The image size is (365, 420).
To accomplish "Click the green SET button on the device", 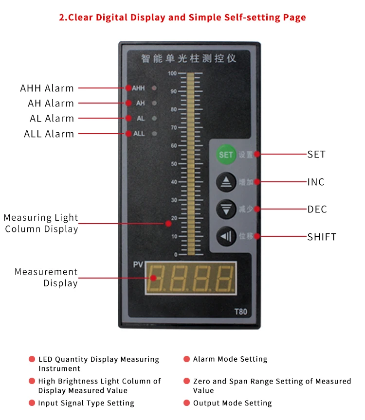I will pyautogui.click(x=226, y=155).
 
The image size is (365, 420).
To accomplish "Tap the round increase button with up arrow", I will pyautogui.click(x=226, y=182).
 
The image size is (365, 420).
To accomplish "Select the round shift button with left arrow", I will pyautogui.click(x=226, y=236).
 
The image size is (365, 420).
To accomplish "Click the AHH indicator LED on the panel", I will pyautogui.click(x=154, y=88).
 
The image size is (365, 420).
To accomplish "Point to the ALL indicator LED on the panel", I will pyautogui.click(x=154, y=133).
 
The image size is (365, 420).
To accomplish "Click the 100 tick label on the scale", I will pyautogui.click(x=172, y=73).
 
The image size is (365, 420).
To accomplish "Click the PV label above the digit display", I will pyautogui.click(x=138, y=265).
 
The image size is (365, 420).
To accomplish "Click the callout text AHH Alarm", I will pyautogui.click(x=47, y=88).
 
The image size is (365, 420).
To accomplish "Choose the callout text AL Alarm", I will pyautogui.click(x=52, y=119).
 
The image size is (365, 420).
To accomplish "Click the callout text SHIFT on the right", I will pyautogui.click(x=322, y=237).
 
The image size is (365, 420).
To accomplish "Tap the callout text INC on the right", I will pyautogui.click(x=316, y=182).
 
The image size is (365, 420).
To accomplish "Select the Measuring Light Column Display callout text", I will pyautogui.click(x=41, y=223).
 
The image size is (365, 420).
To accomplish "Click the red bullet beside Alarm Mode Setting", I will pyautogui.click(x=186, y=359).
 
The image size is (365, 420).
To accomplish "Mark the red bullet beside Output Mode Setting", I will pyautogui.click(x=186, y=403).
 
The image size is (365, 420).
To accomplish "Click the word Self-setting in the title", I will pyautogui.click(x=252, y=17).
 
